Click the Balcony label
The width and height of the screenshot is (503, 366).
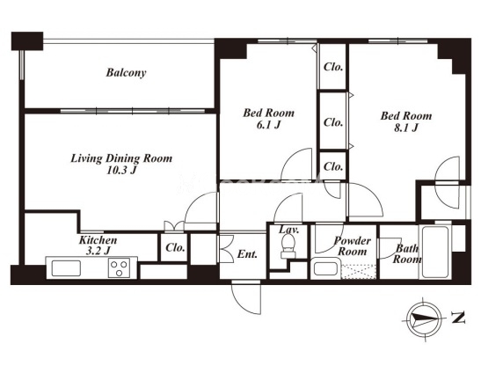tap(126, 72)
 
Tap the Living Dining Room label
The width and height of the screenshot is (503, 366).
tap(121, 158)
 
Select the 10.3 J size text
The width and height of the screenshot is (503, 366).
tap(121, 170)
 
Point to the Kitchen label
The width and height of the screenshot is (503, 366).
tap(98, 240)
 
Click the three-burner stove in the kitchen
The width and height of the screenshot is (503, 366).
tap(119, 268)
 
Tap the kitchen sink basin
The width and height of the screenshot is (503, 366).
tap(66, 268)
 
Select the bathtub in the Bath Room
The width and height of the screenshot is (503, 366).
tap(435, 252)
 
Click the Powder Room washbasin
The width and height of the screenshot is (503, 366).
tap(325, 268)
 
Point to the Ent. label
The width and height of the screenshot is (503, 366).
tap(247, 254)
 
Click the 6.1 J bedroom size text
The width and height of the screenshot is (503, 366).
tap(268, 125)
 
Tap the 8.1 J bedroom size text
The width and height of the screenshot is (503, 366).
tap(406, 128)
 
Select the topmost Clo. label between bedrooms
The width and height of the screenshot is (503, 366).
tap(333, 67)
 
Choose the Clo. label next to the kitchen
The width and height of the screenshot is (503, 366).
tap(175, 247)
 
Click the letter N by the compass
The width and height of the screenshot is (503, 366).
tap(458, 318)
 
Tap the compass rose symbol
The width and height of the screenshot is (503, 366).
tap(424, 318)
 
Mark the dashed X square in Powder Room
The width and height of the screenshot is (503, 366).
tap(359, 272)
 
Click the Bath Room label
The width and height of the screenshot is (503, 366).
tap(407, 253)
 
